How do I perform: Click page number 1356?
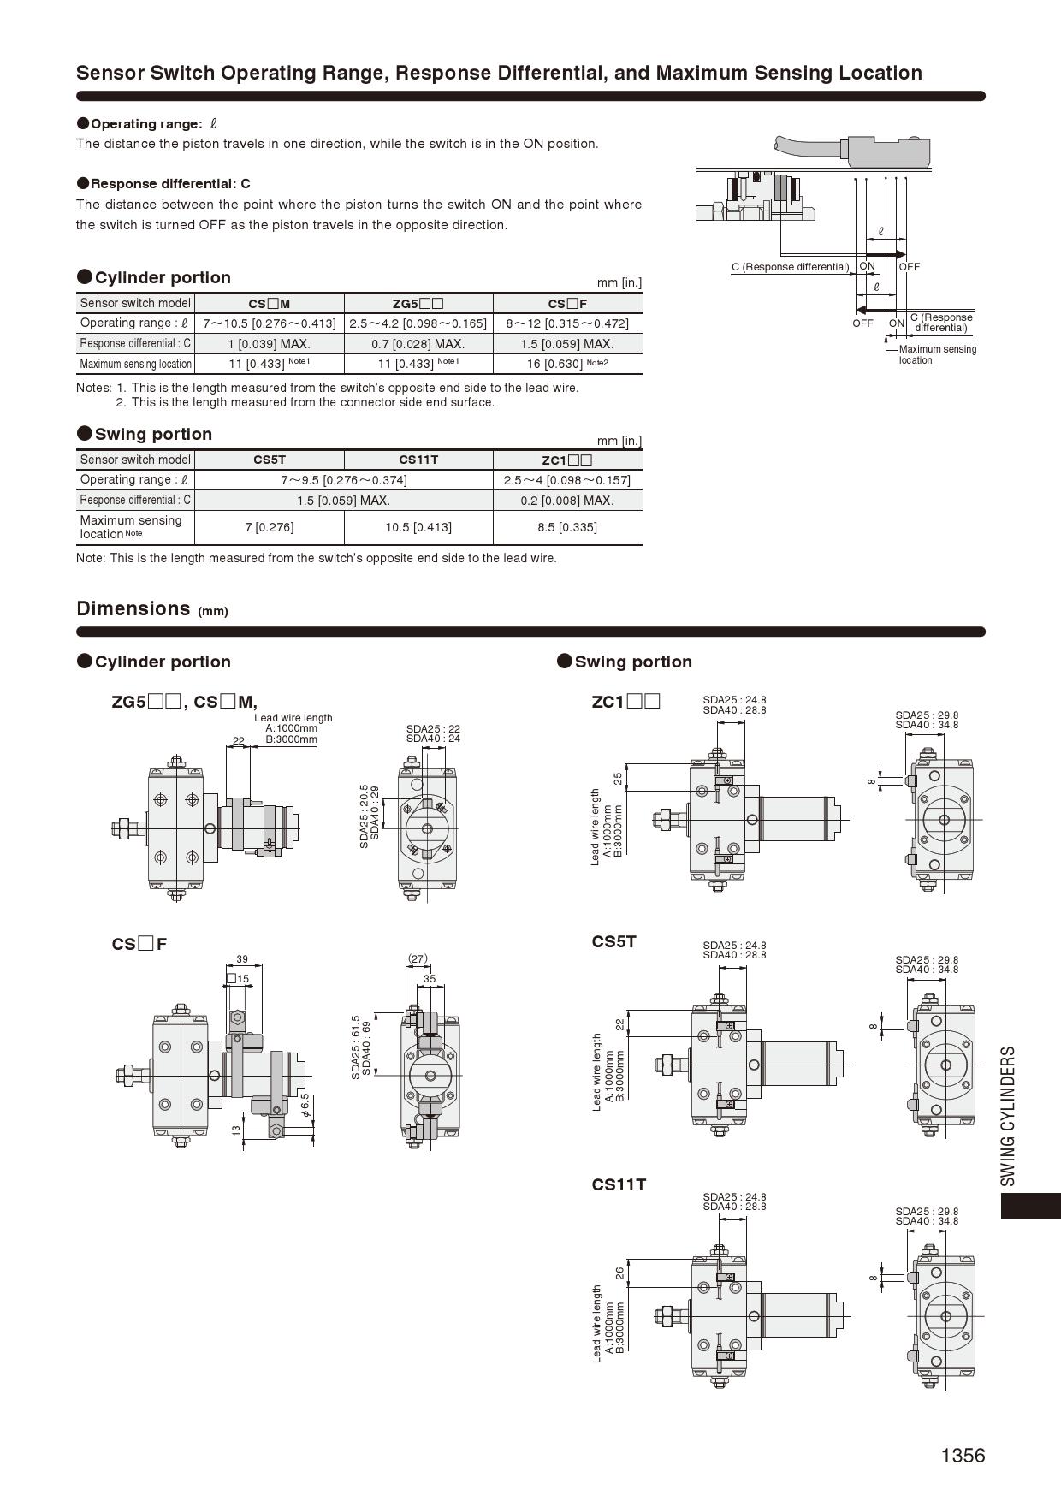coord(963,1456)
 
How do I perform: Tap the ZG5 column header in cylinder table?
coord(418,304)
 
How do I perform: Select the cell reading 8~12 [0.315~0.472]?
coord(566,323)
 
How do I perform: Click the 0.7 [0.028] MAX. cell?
coord(418,344)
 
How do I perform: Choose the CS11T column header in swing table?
coord(418,460)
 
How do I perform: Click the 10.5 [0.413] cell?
coord(418,527)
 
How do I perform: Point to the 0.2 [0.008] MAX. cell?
coord(566,501)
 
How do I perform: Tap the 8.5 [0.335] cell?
coord(566,527)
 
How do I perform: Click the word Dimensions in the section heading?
coord(133,608)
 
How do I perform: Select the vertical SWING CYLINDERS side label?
coord(1008,1116)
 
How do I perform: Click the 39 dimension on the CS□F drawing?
coord(242,959)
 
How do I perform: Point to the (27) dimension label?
coord(418,958)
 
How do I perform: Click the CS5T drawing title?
coord(613,942)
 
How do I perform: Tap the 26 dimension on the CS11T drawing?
coord(620,1274)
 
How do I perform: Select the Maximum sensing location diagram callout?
coord(937,354)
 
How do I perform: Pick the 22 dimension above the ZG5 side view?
coord(239,741)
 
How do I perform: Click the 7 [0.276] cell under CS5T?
coord(270,527)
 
